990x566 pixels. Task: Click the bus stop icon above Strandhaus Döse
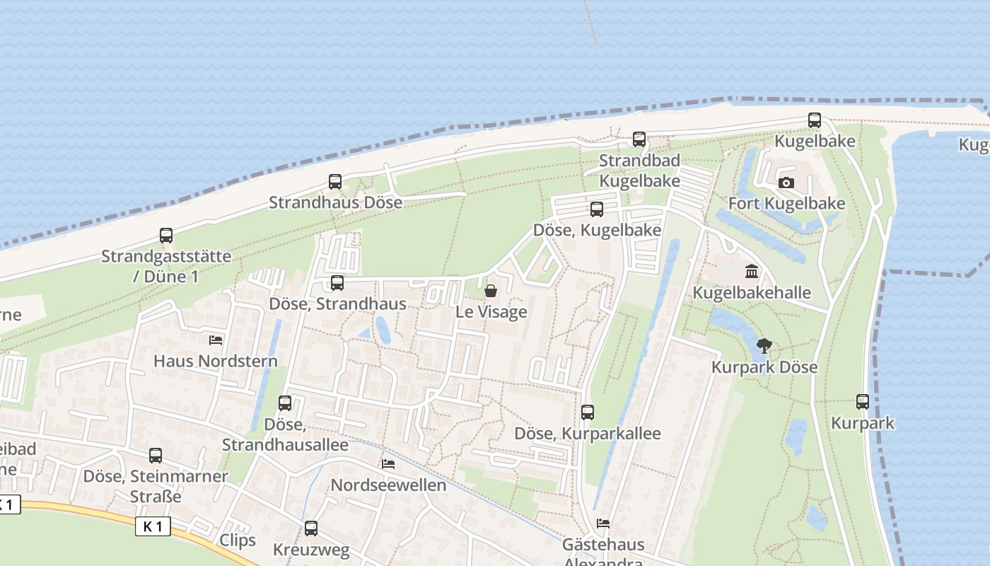[335, 182]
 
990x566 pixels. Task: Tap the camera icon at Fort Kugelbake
[786, 183]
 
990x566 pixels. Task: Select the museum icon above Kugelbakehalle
[752, 272]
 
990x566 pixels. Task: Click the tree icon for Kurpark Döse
[764, 346]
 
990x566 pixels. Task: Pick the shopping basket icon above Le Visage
[491, 291]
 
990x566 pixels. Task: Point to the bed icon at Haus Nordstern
[216, 340]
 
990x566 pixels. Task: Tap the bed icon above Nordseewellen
[388, 464]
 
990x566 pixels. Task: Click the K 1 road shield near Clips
[153, 526]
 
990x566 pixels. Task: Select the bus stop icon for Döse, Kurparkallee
[588, 412]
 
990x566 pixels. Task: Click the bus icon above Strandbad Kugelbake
[639, 139]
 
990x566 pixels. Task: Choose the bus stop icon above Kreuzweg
[311, 529]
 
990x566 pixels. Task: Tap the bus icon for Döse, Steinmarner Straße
[156, 456]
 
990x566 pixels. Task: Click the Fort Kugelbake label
[786, 204]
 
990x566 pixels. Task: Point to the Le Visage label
[491, 312]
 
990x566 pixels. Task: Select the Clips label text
[238, 541]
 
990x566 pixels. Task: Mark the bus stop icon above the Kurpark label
[863, 402]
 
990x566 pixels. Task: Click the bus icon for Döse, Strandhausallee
[285, 403]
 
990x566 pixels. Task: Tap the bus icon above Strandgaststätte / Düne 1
[166, 236]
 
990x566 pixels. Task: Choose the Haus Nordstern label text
[215, 362]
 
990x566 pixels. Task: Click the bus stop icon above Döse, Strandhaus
[337, 283]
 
